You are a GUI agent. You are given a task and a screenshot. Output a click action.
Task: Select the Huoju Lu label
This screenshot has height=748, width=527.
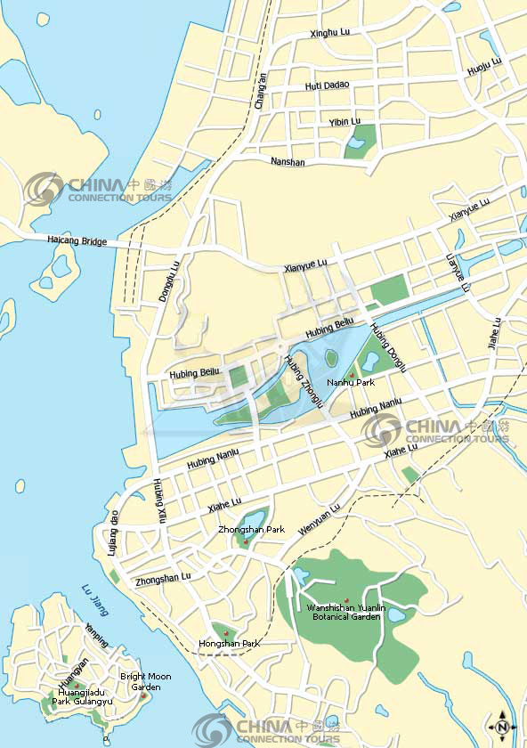(484, 66)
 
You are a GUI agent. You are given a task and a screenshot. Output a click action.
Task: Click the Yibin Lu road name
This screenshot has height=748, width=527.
(345, 121)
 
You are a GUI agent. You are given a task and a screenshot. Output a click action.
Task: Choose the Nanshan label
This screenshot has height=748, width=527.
(287, 163)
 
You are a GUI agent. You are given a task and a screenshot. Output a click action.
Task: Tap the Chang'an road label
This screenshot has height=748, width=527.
(260, 91)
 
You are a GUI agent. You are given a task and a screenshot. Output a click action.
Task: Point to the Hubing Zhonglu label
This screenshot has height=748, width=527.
(300, 378)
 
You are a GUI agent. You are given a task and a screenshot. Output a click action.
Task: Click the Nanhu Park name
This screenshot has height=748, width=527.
(351, 382)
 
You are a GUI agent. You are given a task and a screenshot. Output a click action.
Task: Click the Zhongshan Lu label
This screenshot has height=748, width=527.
(163, 578)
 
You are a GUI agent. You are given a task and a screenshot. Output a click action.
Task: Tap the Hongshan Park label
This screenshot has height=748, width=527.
(229, 643)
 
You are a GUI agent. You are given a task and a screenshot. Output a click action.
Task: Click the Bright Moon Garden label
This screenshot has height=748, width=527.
(145, 681)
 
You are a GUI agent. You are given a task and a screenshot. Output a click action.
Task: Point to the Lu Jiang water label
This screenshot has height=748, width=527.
(93, 598)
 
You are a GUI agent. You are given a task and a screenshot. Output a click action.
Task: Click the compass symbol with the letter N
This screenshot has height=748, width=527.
(501, 727)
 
